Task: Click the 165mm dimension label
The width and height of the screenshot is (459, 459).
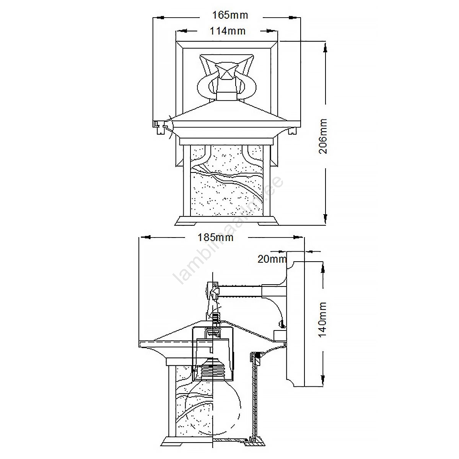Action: click(230, 15)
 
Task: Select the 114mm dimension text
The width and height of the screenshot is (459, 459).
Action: click(228, 31)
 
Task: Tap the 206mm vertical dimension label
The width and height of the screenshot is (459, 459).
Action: click(323, 136)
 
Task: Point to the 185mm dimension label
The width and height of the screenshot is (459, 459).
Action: click(216, 237)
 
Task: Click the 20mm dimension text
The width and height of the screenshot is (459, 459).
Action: click(272, 259)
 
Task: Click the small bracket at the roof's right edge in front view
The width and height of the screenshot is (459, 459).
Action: click(292, 130)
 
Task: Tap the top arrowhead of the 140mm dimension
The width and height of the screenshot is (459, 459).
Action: click(323, 269)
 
